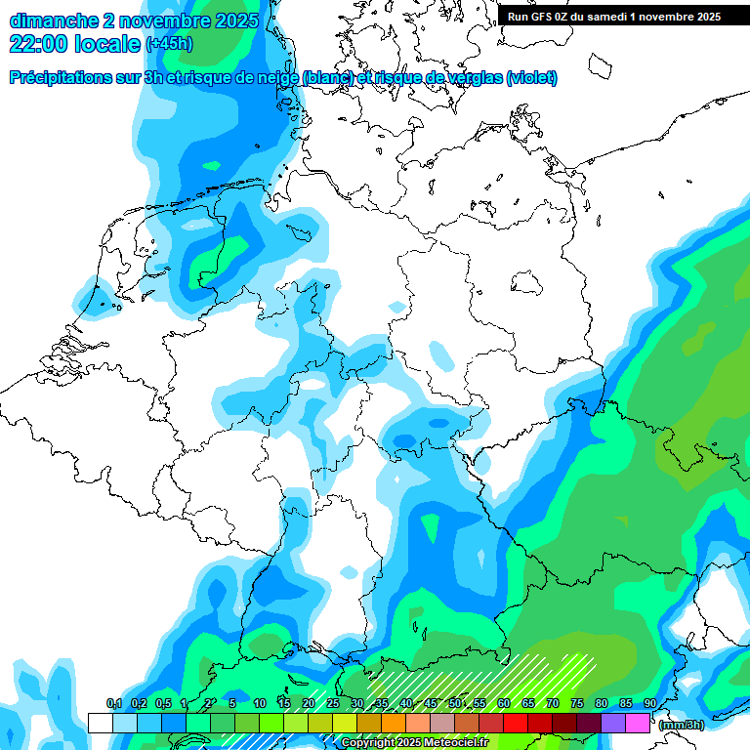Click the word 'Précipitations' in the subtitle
[58, 78]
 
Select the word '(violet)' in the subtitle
[531, 78]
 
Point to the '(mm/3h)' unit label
[682, 724]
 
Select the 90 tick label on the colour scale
[650, 704]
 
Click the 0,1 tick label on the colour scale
[113, 704]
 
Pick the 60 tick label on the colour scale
[504, 704]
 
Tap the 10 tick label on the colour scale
[260, 704]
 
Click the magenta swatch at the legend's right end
[638, 723]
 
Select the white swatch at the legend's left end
[101, 723]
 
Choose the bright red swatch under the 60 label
[516, 723]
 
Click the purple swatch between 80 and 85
[613, 723]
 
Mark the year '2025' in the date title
[235, 21]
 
